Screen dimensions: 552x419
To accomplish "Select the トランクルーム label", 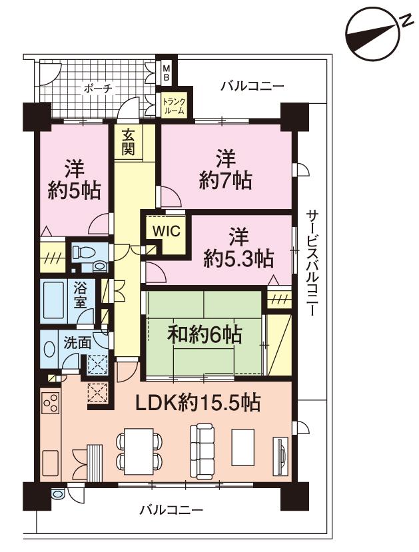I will [175, 106].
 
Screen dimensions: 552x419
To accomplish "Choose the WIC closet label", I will [164, 231].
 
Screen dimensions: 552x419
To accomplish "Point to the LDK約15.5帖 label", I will [199, 402].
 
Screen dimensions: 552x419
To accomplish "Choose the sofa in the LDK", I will [202, 444].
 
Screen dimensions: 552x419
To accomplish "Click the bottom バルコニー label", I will [171, 511].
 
